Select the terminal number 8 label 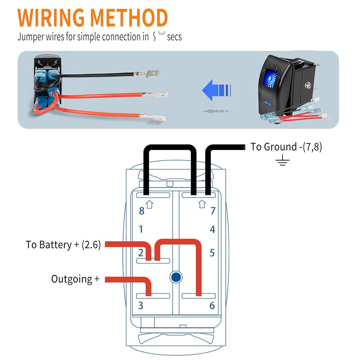pos(141,211)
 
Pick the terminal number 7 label pos(213,211)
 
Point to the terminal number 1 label pos(141,229)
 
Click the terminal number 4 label pos(212,229)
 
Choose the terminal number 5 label pos(212,253)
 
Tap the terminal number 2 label pos(141,253)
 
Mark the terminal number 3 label pos(141,306)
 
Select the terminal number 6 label pos(212,306)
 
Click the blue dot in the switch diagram pos(176,277)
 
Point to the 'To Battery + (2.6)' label pos(63,245)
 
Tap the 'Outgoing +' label pos(75,279)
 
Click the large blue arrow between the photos pos(216,90)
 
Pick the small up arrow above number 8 pos(150,204)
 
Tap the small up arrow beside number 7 pos(202,204)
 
